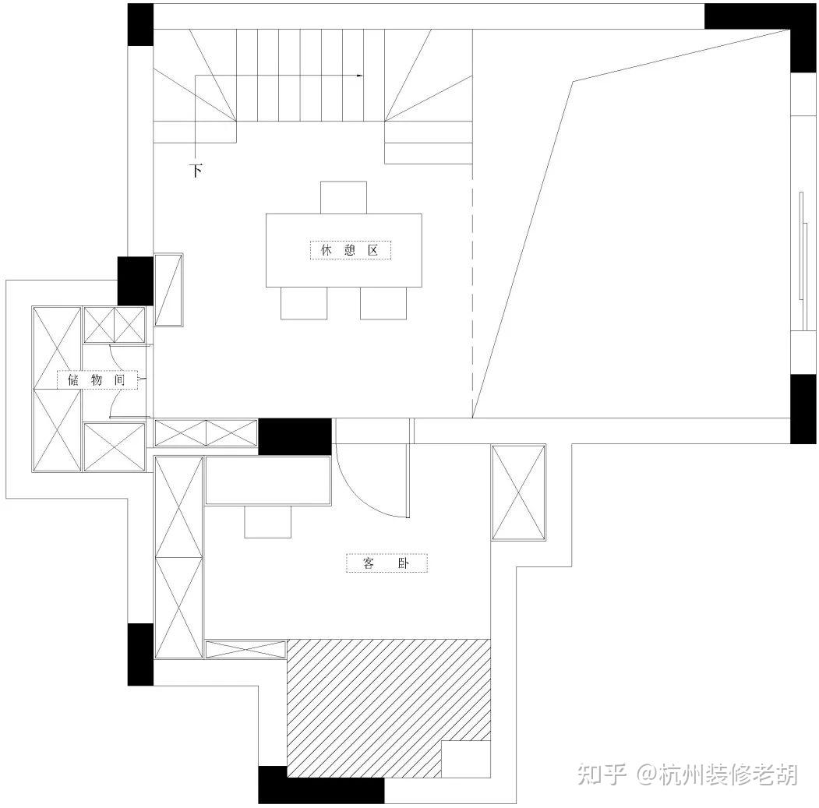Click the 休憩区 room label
click(x=350, y=250)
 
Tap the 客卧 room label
click(x=387, y=563)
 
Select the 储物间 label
click(x=97, y=379)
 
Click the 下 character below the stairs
click(x=196, y=170)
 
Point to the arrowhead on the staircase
click(x=360, y=76)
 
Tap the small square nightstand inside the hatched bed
click(x=466, y=759)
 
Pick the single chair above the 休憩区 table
click(x=343, y=197)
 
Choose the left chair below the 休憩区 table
click(x=304, y=303)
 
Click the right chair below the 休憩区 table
click(x=383, y=303)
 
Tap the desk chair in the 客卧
click(x=267, y=521)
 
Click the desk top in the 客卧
click(x=268, y=480)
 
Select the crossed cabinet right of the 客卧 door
click(x=518, y=492)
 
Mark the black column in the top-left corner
click(x=140, y=24)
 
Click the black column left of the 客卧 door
click(x=295, y=436)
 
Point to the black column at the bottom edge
click(x=321, y=784)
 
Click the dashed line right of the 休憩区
click(x=472, y=296)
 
